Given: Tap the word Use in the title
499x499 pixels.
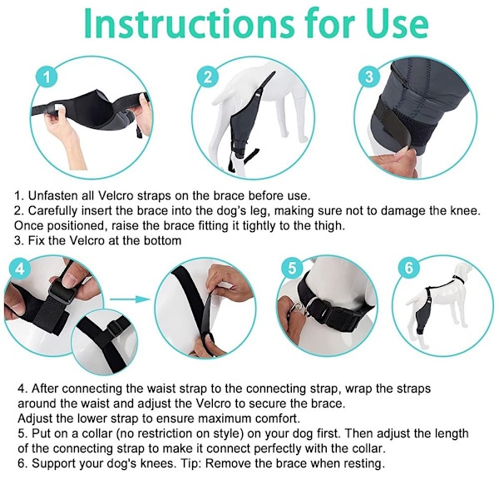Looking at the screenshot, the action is (x=398, y=24).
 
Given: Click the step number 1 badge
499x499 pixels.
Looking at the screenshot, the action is (x=47, y=77).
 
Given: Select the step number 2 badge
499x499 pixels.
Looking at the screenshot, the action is (x=207, y=77).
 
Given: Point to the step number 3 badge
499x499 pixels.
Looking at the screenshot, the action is (x=369, y=77).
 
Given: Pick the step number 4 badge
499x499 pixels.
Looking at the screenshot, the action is (x=20, y=269).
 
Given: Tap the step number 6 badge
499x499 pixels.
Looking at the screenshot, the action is (x=409, y=268).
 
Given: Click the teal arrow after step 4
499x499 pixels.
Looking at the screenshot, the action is (x=130, y=299).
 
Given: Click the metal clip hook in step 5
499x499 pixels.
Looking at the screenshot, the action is (x=299, y=309).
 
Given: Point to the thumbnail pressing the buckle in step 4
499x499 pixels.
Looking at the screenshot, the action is (x=67, y=280).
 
